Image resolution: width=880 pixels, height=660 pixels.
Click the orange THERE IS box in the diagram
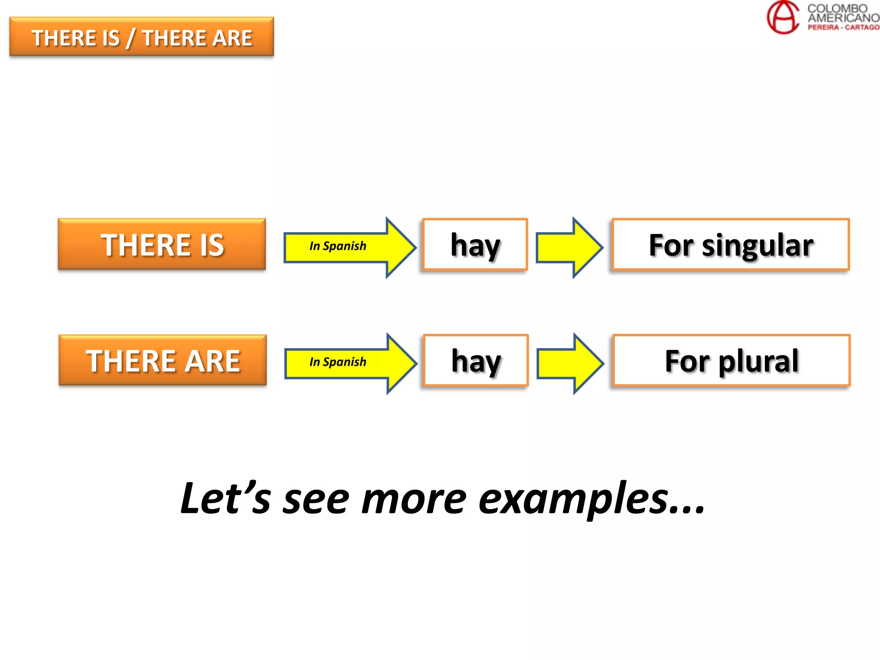162,244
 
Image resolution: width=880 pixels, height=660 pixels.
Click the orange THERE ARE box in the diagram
162,360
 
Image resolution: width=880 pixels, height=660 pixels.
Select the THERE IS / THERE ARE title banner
141,37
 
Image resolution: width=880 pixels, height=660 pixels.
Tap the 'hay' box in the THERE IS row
475,244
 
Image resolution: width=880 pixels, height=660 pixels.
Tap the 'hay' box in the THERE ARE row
476,360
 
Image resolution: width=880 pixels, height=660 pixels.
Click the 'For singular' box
730,244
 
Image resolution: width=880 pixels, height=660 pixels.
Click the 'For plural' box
731,360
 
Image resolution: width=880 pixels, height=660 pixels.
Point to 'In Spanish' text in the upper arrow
338,246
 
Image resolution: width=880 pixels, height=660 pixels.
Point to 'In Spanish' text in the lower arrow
338,362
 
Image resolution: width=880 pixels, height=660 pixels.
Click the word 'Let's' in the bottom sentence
226,498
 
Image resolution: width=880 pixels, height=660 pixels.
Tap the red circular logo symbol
783,17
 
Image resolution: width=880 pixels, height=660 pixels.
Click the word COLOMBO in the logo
837,8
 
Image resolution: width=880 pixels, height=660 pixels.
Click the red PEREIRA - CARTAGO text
843,27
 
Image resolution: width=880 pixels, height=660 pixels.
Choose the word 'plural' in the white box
758,361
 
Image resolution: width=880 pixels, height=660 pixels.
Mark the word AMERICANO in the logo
843,18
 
